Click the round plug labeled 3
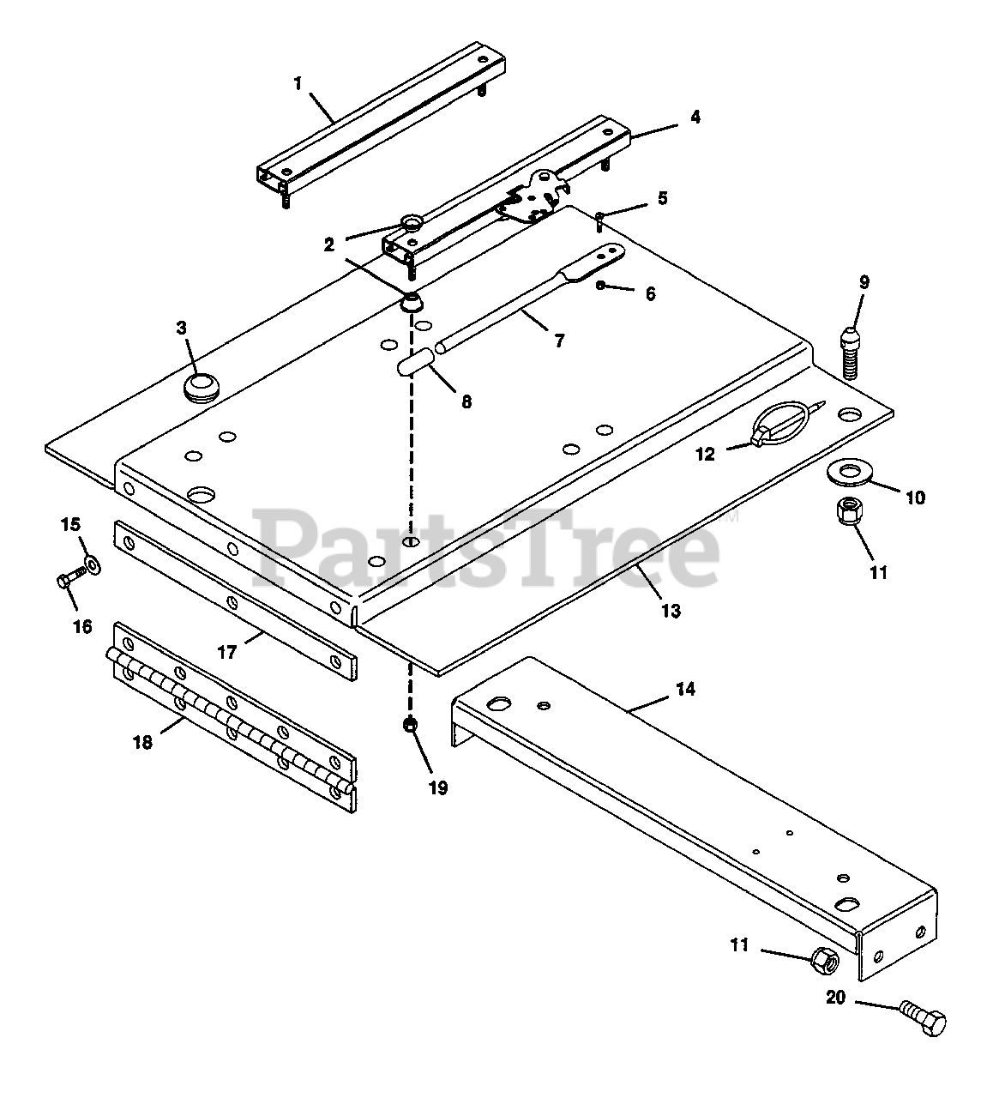tap(201, 387)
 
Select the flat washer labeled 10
tap(850, 472)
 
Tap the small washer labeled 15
tap(93, 564)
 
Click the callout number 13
tap(671, 610)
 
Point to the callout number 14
tap(685, 689)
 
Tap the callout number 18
tap(142, 743)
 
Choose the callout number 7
tap(559, 341)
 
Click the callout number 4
tap(695, 117)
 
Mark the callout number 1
tap(298, 84)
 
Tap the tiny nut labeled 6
tap(600, 285)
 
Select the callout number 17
tap(226, 652)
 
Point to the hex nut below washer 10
tap(847, 510)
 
